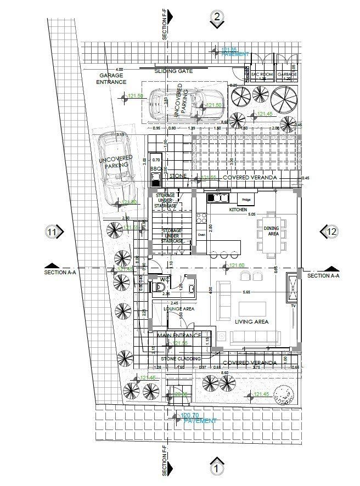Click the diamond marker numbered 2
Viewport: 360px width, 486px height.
click(x=217, y=17)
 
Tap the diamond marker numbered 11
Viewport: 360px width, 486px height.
click(x=52, y=232)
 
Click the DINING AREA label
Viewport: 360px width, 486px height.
click(x=272, y=231)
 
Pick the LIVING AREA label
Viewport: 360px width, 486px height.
click(x=251, y=322)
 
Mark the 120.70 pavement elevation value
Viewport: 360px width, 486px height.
click(x=190, y=416)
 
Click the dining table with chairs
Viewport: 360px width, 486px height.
click(x=272, y=233)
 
